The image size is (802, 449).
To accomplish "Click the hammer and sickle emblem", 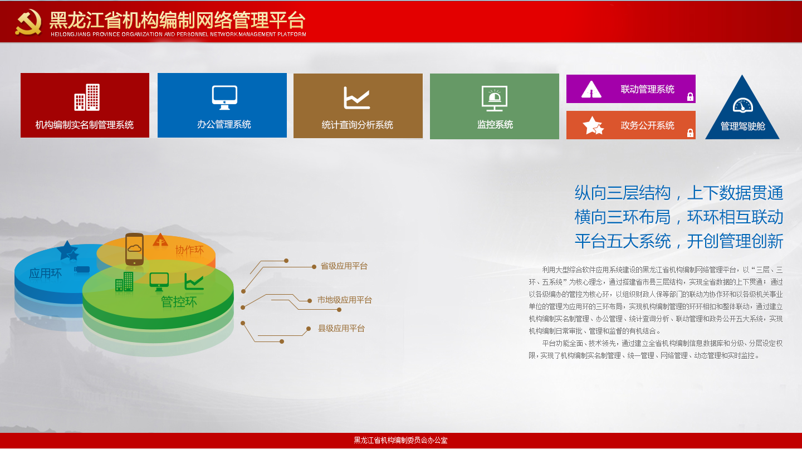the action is point(28,22).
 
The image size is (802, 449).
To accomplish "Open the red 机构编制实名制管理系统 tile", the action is point(85,105).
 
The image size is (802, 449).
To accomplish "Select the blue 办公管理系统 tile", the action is point(222,105).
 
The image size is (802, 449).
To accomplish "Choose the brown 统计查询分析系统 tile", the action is point(358,106).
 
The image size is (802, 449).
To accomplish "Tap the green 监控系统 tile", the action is point(495,106).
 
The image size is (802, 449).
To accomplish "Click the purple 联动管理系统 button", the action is point(631,89).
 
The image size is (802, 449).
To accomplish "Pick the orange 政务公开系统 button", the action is point(631,125).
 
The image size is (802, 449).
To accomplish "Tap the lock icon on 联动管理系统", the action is point(690,97).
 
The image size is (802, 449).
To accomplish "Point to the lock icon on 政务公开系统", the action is point(690,133).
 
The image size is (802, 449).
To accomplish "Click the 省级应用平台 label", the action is point(344,266).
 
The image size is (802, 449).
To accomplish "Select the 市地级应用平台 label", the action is point(345,300).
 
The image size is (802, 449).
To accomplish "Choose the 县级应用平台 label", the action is point(341,328).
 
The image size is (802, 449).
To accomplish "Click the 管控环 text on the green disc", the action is point(179,302).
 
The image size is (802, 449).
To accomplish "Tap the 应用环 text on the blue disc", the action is point(46,274).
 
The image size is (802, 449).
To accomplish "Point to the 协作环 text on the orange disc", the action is point(189,250).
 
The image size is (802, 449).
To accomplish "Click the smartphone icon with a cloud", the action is point(135,250).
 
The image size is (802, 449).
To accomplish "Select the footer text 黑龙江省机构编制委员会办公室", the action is point(400,441).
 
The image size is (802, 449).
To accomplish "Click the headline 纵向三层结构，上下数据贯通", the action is point(679,193).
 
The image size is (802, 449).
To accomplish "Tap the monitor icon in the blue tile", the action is point(224,97).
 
